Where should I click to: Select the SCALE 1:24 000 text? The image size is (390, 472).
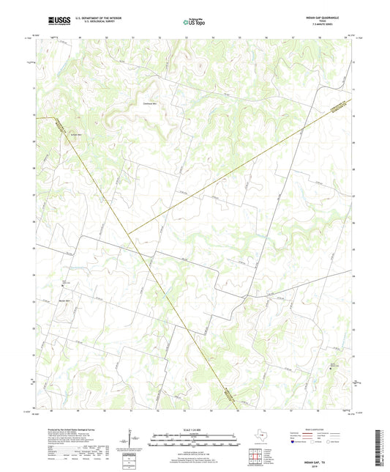pyautogui.click(x=195, y=430)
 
